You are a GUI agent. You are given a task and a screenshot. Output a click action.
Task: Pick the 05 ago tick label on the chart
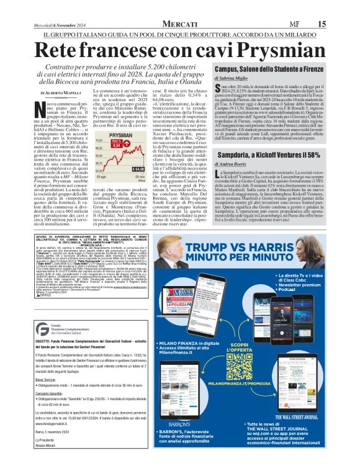[x=104, y=177]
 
